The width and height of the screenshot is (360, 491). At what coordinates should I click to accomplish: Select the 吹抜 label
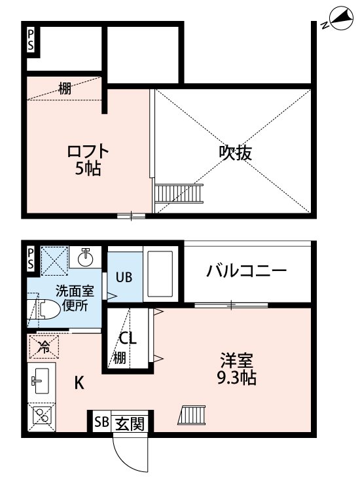coord(235,153)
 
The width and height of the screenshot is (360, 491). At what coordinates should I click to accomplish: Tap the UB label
coord(124,276)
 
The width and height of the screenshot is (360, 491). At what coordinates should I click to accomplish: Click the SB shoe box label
coord(101,422)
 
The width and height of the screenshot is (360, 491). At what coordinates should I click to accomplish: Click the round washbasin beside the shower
coord(86,257)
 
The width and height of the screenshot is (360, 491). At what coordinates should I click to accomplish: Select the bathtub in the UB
coord(158,275)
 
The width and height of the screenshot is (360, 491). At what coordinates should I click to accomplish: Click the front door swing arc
coord(128,455)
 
